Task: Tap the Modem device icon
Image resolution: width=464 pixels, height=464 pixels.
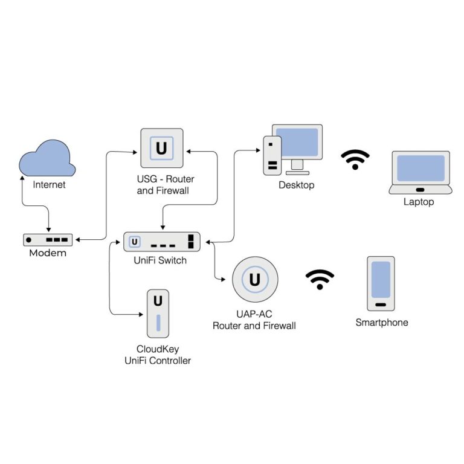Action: tap(48, 240)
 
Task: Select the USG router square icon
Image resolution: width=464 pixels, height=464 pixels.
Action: tap(161, 148)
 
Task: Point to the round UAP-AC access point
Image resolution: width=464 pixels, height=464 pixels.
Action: tap(254, 280)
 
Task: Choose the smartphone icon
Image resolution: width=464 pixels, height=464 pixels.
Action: tap(381, 283)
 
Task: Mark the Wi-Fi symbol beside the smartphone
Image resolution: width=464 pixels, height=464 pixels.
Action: tap(320, 280)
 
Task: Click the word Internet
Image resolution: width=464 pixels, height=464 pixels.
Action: tap(49, 184)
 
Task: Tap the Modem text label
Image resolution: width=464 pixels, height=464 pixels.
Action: tap(48, 253)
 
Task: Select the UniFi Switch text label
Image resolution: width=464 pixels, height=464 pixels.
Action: tap(160, 260)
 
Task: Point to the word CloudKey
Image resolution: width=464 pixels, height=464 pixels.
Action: tap(158, 349)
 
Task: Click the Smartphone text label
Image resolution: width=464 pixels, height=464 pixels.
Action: tap(381, 323)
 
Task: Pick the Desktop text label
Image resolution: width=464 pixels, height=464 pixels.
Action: tap(296, 185)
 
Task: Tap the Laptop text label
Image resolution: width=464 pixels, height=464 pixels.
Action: tap(419, 202)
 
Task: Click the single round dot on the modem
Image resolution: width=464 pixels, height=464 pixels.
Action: tap(29, 240)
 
